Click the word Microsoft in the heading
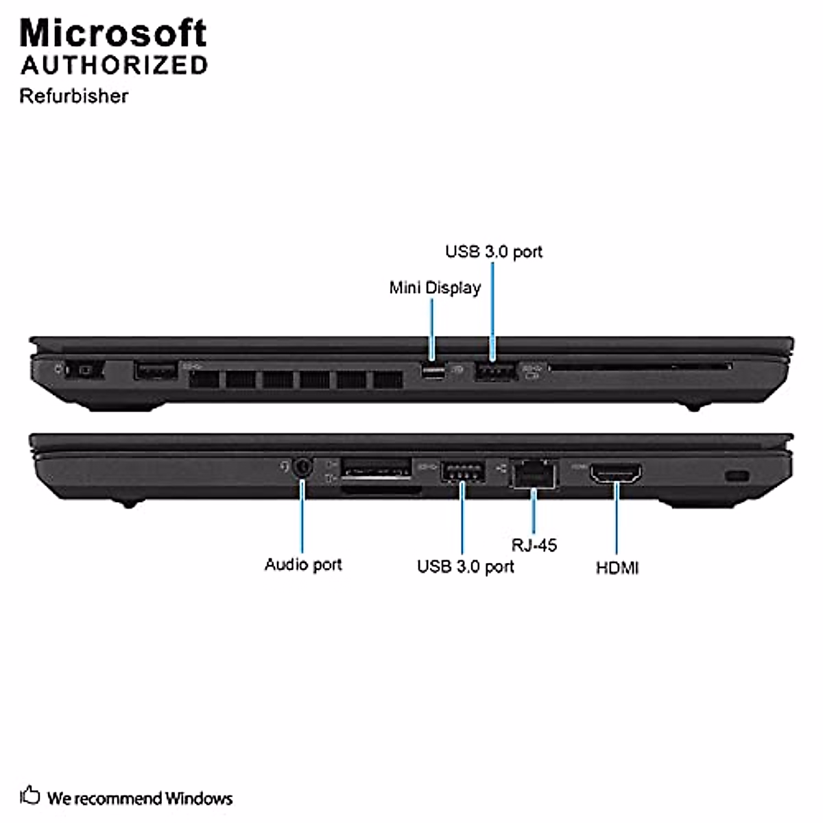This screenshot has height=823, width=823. pos(113,32)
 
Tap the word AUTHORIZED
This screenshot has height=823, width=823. pos(114,65)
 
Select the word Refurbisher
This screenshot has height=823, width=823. pos(73,95)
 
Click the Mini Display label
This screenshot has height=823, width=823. pos(435,287)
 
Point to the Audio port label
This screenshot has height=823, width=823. pos(303,564)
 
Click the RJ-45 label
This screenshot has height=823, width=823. pos(534,545)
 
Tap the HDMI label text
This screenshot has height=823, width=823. pos(617,568)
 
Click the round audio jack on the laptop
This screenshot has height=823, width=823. pos(302,468)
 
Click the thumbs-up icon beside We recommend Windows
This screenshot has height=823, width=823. pos(29,796)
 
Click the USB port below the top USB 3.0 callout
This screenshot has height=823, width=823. pos(494,372)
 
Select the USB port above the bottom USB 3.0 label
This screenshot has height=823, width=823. pos(462,471)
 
